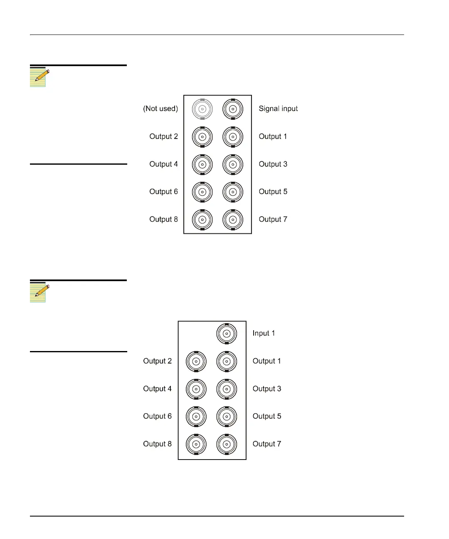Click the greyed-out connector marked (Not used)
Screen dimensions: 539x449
202,109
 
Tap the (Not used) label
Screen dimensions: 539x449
160,109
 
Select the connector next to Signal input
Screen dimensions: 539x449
233,109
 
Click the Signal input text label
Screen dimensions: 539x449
278,109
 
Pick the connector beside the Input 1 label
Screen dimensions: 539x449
227,334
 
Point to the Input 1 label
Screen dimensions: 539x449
264,333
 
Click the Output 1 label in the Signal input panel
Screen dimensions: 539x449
273,136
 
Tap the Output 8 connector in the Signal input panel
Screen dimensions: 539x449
202,220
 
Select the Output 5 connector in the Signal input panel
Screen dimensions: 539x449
233,192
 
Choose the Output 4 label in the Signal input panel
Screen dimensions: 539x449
163,164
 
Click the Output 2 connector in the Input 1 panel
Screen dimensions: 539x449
196,361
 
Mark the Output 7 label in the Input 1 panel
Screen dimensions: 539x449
266,444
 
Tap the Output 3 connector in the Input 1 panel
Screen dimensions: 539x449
227,389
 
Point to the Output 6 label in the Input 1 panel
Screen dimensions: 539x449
157,416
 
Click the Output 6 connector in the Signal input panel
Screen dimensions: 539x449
202,192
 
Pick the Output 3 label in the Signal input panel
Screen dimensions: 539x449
273,164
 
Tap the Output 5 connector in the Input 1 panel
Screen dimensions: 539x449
227,417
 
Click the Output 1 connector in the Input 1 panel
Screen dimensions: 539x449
227,361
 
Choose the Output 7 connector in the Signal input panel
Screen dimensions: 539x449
233,220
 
